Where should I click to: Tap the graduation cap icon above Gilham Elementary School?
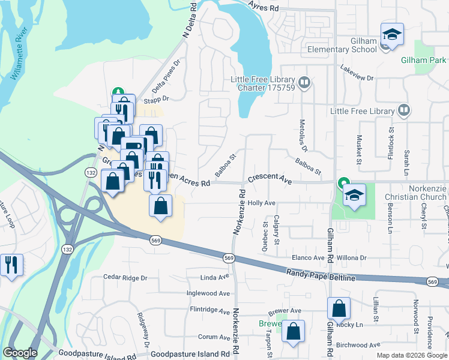[392, 35]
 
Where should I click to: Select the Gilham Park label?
[424, 60]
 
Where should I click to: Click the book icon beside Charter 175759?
[304, 82]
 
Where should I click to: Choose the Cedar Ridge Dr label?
[125, 278]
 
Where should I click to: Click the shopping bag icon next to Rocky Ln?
[339, 308]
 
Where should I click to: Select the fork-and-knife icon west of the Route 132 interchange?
[11, 265]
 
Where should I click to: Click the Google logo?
[20, 353]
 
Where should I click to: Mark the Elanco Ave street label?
[308, 257]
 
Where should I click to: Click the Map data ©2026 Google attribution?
[411, 355]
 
